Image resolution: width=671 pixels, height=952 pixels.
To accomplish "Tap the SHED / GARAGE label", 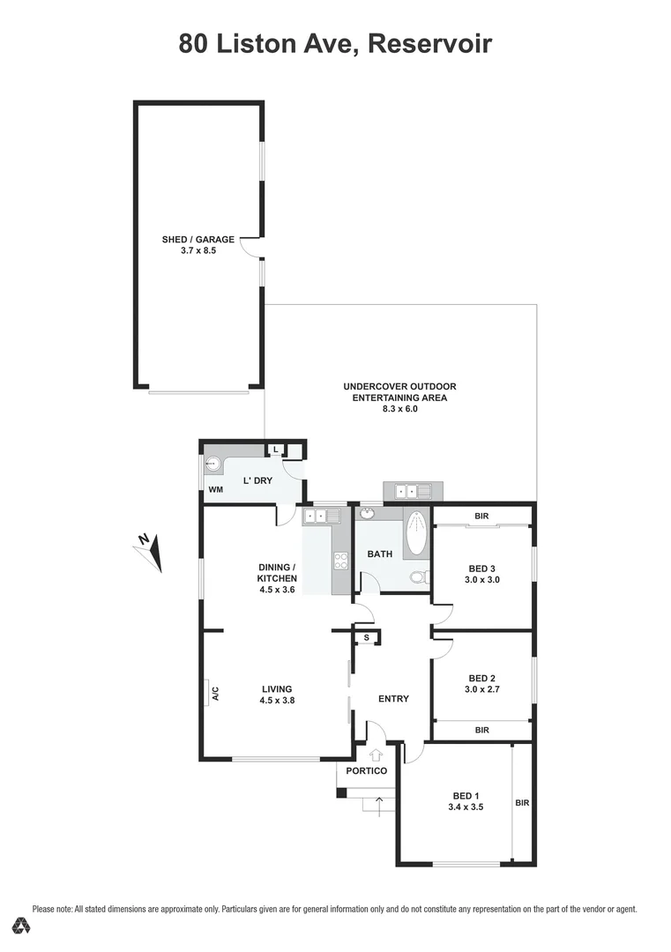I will coord(198,240).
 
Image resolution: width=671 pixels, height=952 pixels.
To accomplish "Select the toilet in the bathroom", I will coord(421,577).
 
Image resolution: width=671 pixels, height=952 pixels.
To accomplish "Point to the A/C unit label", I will coord(214,694).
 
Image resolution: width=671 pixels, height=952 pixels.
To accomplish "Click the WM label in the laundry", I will coord(215,489).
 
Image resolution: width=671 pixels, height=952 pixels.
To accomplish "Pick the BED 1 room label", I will coord(466,795).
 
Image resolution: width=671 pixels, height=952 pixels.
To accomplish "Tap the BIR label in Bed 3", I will coord(481,516).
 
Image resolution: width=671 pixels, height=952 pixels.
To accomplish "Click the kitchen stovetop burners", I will coord(340,562).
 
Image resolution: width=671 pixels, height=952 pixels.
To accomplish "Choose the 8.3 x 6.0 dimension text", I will coord(399,409).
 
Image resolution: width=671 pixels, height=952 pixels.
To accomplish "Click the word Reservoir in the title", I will coord(430,42).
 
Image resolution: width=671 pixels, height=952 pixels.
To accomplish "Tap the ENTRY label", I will coord(393,699).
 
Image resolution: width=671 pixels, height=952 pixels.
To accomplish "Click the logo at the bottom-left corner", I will coord(24,926).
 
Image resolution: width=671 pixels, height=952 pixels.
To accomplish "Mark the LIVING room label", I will coord(276,689).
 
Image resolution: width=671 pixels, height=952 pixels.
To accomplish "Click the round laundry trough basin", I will coord(212,462).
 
